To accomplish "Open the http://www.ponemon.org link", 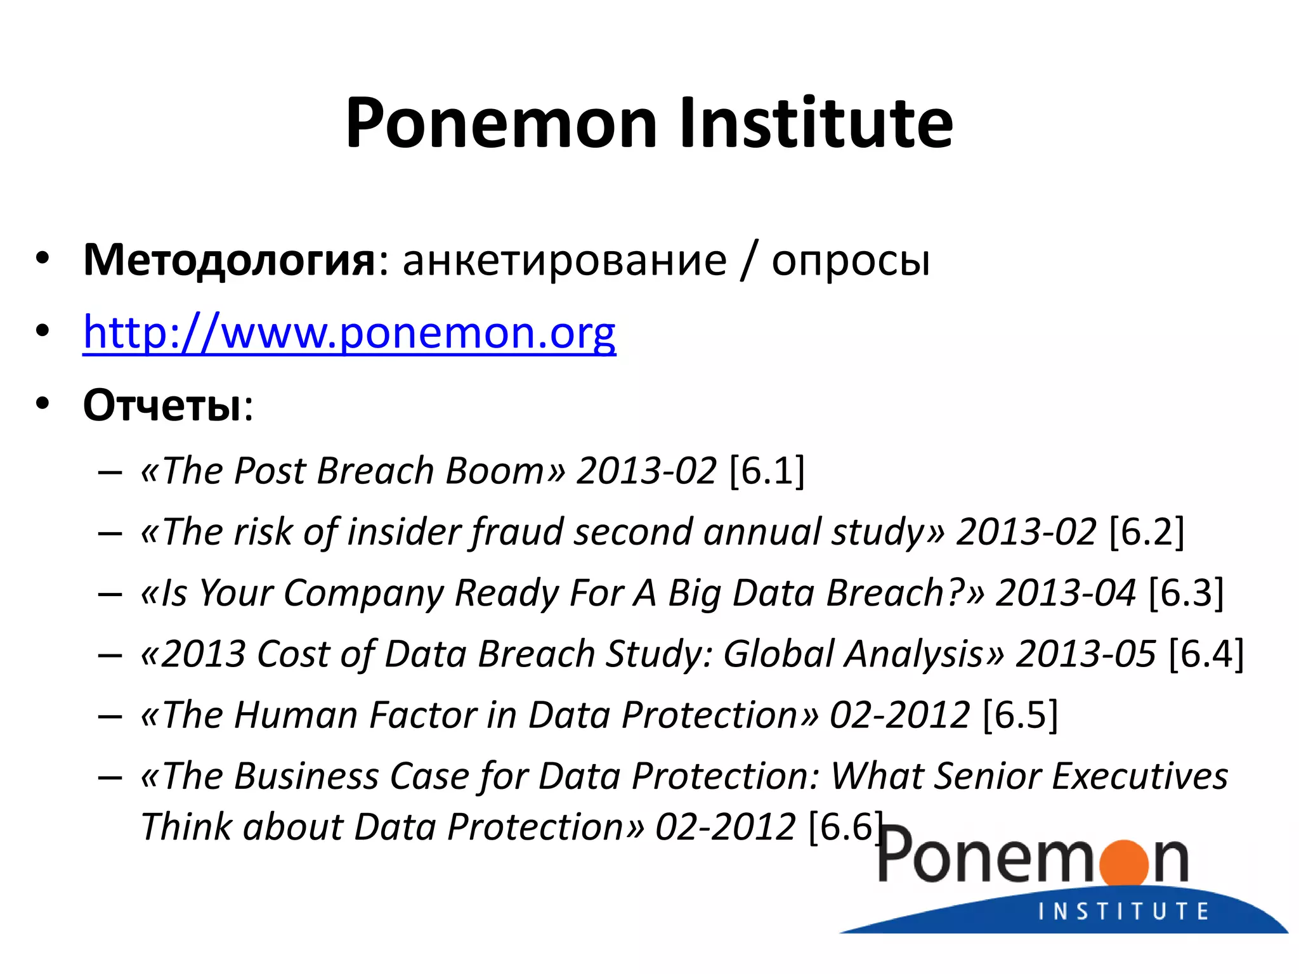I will tap(349, 332).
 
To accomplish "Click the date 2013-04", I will tap(1066, 593).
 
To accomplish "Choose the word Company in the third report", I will tap(363, 593).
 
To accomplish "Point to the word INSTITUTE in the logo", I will tap(1123, 911).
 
